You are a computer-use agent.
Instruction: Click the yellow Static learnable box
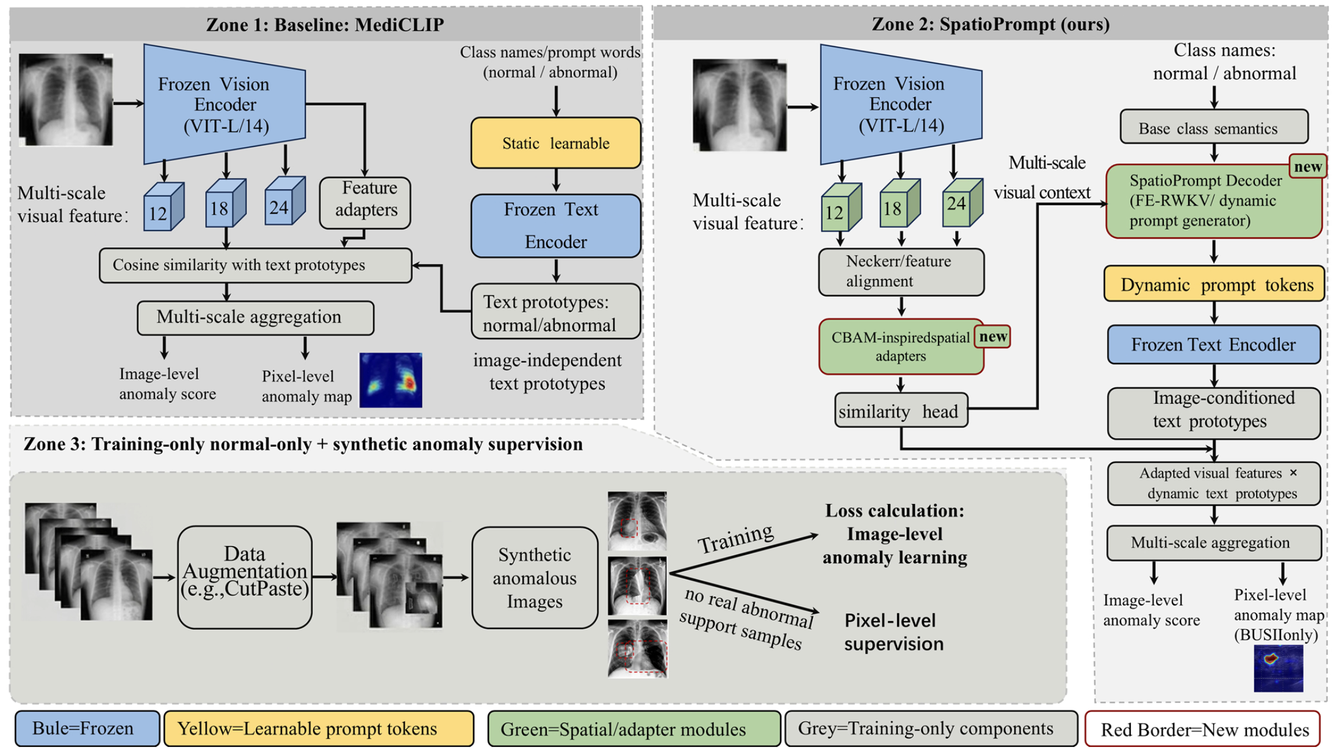click(555, 143)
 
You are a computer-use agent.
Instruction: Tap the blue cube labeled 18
click(225, 203)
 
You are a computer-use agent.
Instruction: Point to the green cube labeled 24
click(962, 203)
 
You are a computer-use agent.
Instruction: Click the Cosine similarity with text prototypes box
click(255, 265)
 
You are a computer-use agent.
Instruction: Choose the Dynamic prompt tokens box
click(1214, 284)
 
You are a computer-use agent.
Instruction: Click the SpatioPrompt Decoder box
click(1213, 201)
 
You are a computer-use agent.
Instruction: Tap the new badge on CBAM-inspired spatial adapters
click(992, 336)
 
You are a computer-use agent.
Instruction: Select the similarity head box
click(901, 410)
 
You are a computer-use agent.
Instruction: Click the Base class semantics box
click(1214, 127)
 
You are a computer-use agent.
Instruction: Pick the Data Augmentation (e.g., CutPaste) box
click(245, 577)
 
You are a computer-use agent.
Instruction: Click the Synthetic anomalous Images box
click(535, 577)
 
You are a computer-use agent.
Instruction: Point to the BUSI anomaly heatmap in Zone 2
click(1278, 668)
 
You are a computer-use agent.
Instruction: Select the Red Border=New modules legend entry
click(1202, 729)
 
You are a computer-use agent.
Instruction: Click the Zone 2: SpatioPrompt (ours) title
click(990, 24)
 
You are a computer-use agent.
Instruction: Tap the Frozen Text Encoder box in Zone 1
click(555, 225)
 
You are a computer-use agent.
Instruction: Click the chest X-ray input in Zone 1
click(66, 99)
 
